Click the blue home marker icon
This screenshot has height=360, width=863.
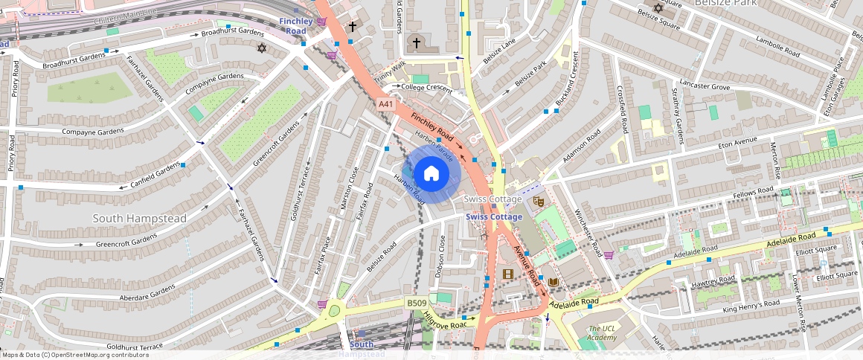click(431, 174)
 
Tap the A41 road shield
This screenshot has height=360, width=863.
click(385, 105)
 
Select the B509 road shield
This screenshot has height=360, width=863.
click(417, 303)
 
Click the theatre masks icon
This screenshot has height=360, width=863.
click(539, 201)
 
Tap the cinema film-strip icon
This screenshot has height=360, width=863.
click(507, 274)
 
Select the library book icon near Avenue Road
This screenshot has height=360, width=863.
click(553, 281)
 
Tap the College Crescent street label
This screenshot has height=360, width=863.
click(426, 87)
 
